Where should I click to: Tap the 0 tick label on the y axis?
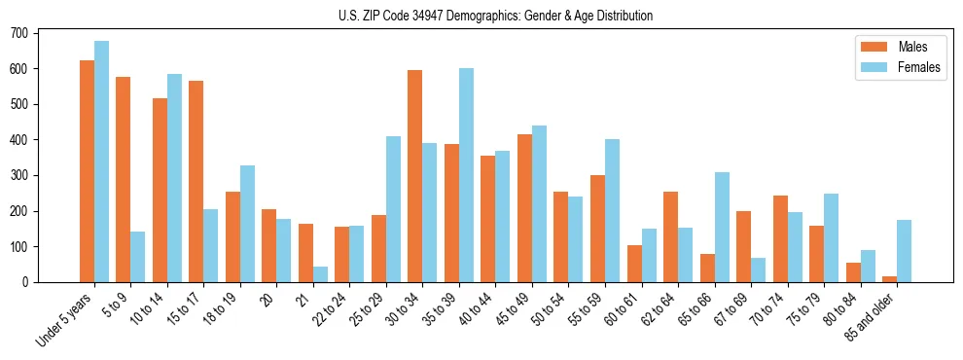click(x=26, y=282)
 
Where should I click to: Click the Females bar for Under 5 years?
click(x=101, y=162)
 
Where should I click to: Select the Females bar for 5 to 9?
click(x=138, y=257)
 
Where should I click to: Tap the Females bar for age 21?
click(x=320, y=274)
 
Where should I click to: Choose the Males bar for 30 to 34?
click(x=415, y=176)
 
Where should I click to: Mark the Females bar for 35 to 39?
click(x=466, y=175)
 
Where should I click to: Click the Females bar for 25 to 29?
click(x=393, y=209)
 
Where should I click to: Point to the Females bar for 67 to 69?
click(x=758, y=270)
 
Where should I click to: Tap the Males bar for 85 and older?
click(x=889, y=279)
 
